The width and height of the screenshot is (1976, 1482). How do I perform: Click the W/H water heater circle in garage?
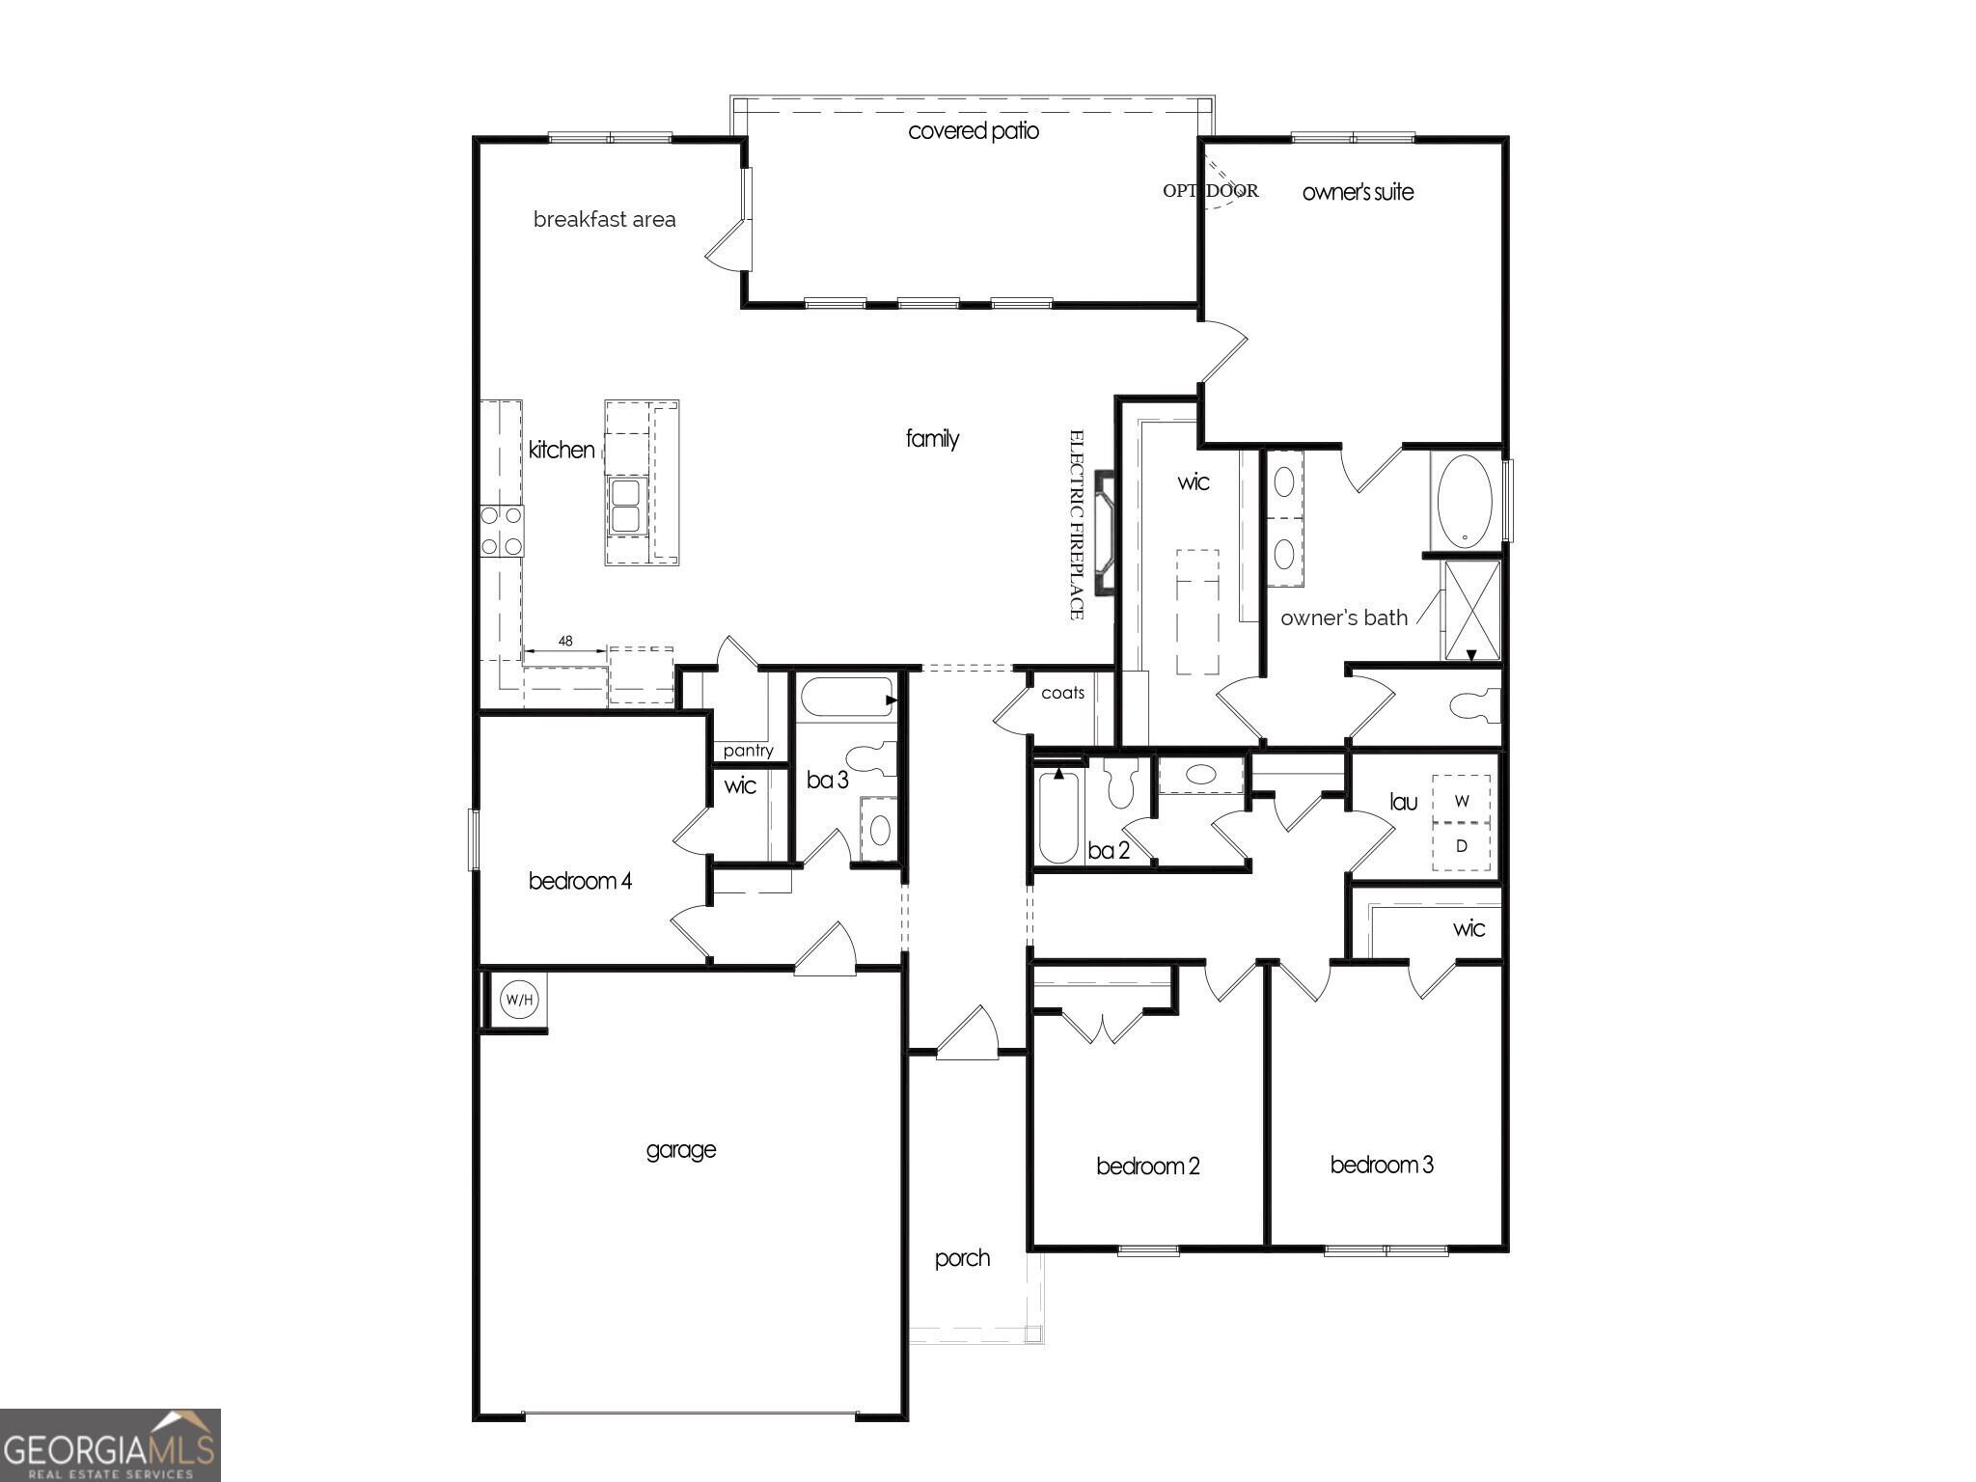[x=518, y=1000]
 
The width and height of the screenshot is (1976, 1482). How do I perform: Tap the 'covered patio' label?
[x=973, y=131]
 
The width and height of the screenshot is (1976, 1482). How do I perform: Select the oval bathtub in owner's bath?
[x=1464, y=501]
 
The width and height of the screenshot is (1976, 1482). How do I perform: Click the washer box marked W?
[x=1462, y=801]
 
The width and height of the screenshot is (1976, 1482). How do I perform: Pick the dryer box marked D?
[x=1462, y=846]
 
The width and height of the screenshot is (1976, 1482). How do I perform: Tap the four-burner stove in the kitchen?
[x=502, y=531]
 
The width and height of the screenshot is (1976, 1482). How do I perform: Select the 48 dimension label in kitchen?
[x=565, y=641]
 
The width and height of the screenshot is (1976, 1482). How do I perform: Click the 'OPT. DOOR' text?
[x=1210, y=191]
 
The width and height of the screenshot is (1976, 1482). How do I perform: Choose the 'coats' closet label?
[x=1062, y=693]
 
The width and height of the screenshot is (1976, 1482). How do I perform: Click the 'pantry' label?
[x=748, y=751]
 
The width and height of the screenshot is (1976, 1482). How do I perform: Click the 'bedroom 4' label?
[x=580, y=881]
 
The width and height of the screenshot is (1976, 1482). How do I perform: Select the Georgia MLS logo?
[x=110, y=1445]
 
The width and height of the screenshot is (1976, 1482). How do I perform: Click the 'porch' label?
[x=962, y=1258]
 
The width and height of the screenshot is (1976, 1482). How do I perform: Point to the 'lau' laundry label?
[x=1403, y=802]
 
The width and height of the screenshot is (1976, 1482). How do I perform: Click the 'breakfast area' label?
[x=604, y=220]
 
